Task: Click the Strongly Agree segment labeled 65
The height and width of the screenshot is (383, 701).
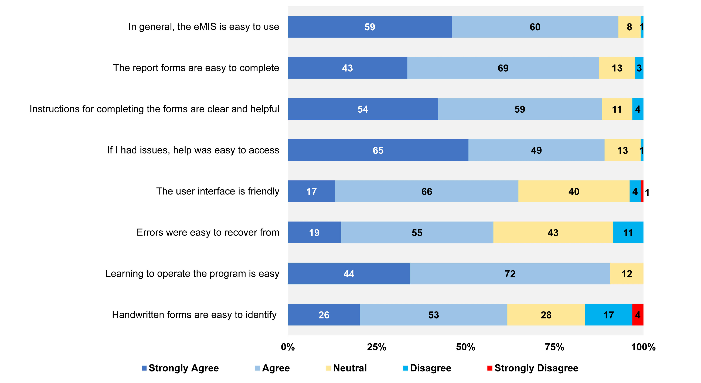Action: click(x=378, y=150)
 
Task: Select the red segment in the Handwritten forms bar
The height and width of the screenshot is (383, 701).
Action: click(x=638, y=315)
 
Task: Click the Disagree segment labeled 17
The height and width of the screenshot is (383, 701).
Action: click(x=608, y=315)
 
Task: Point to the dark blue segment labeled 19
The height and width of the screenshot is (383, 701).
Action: click(x=314, y=232)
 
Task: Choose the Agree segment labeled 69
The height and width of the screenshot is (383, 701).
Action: click(x=503, y=68)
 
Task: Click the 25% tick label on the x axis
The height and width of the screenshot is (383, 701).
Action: click(x=376, y=347)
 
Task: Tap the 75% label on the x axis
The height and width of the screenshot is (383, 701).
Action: click(x=554, y=347)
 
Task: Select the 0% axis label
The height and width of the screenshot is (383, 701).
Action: click(x=288, y=347)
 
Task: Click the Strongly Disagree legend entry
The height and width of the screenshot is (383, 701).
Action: click(x=533, y=368)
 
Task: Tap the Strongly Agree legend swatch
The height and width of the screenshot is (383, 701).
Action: click(x=144, y=368)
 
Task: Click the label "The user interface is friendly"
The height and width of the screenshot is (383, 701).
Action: click(x=217, y=191)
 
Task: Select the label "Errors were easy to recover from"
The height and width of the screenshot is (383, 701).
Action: click(x=208, y=232)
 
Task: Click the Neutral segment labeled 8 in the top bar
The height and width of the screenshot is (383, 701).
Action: click(x=629, y=27)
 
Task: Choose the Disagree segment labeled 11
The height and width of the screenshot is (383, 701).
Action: click(x=628, y=232)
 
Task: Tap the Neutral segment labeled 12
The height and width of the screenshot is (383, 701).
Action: click(x=627, y=274)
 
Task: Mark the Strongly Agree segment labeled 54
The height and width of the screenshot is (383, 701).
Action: click(x=363, y=109)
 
